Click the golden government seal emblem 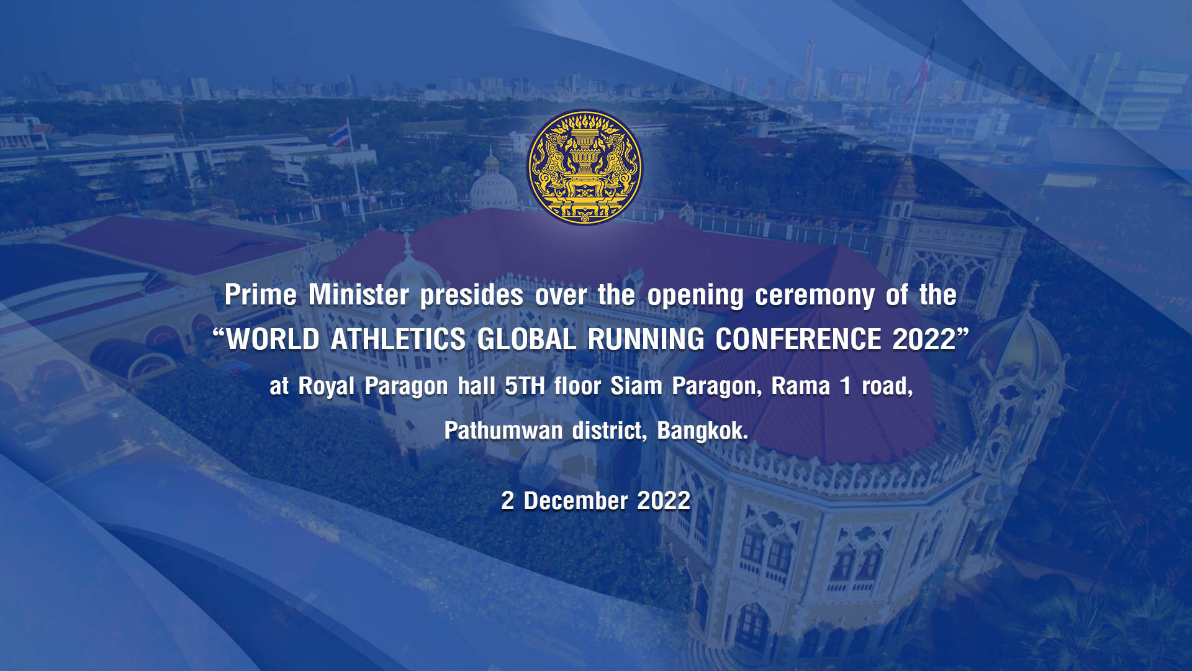pos(585,167)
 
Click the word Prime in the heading pos(261,294)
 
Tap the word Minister pos(359,294)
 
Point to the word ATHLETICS pos(398,339)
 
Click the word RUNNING pos(646,339)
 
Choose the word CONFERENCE pos(798,339)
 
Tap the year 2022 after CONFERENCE pos(924,339)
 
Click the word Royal pos(327,386)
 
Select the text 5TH pos(525,386)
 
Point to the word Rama pos(800,386)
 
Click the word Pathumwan pos(503,431)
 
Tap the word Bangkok pos(703,431)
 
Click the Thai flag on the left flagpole pos(339,135)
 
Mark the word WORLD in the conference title pos(273,339)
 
